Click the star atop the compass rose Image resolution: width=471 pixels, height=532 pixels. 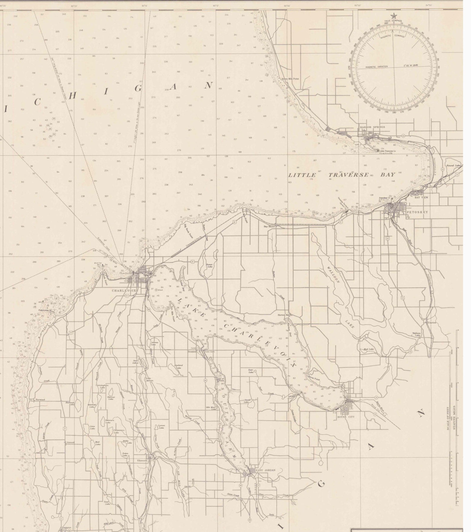tap(394, 16)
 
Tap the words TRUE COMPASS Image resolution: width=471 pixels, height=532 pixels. tap(393, 21)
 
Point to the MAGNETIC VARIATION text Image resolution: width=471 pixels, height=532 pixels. tap(376, 67)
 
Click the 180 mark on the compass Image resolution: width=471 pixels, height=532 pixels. tap(394, 112)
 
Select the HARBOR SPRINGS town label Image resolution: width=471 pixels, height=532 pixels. tap(372, 127)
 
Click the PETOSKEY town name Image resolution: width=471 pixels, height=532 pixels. tap(418, 212)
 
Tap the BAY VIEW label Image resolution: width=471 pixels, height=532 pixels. tap(421, 197)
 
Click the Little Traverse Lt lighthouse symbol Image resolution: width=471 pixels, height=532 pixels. tap(378, 151)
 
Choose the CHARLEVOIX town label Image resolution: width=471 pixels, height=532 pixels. tap(123, 291)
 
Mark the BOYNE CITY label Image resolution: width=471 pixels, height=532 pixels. tap(346, 417)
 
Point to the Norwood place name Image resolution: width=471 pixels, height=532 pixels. tap(40, 400)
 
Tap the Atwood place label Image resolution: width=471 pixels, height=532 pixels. tap(70, 442)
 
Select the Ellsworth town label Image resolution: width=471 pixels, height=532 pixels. tap(142, 461)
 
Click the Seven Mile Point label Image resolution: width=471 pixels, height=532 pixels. tap(290, 79)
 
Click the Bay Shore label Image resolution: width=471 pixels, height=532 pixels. tap(269, 226)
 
